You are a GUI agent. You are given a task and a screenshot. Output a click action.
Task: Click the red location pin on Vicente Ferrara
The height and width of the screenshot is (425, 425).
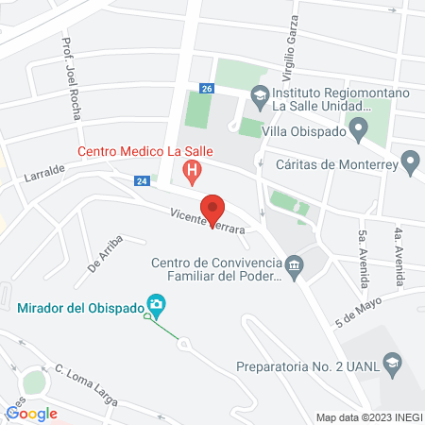click(212, 209)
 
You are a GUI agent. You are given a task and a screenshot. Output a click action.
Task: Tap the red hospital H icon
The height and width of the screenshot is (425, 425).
click(191, 173)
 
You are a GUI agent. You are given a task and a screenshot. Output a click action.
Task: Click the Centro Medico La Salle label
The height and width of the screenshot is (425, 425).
click(145, 150)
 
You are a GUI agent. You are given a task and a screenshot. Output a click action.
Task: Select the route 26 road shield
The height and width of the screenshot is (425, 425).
click(207, 88)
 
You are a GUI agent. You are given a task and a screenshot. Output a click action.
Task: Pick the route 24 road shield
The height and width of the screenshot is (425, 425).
click(142, 180)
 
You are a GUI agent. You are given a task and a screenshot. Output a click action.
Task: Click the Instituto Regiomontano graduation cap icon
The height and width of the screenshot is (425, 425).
click(259, 94)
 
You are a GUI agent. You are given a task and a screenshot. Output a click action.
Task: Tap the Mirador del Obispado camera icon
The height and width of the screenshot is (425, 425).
click(158, 306)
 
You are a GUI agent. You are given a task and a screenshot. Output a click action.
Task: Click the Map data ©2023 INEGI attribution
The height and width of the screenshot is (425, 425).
click(367, 417)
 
